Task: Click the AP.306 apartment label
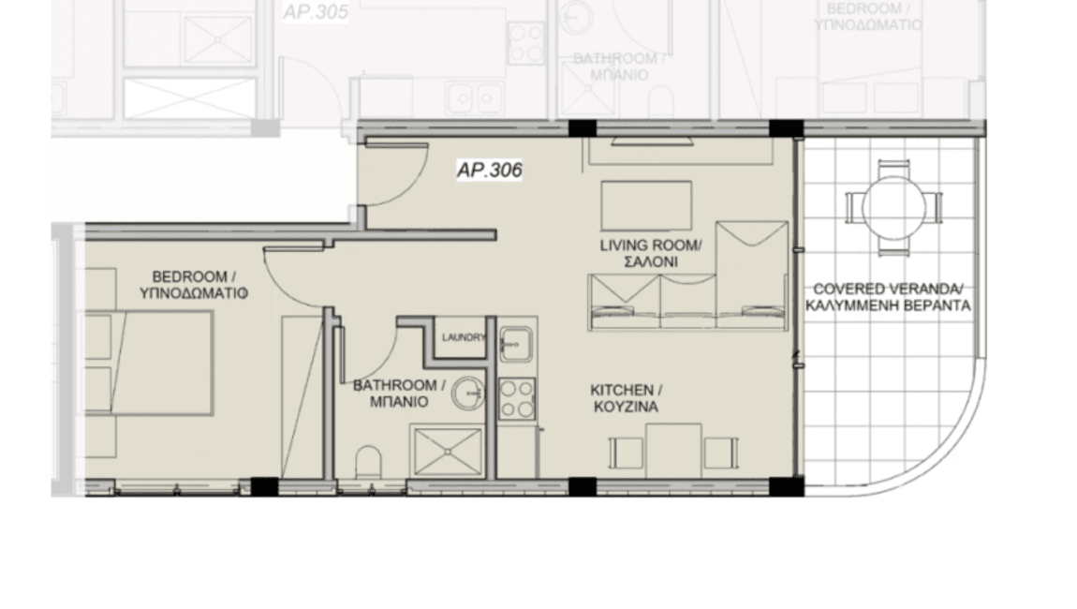coord(489,171)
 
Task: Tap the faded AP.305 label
coord(315,12)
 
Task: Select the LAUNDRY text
coord(465,338)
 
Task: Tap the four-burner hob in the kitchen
coord(516,397)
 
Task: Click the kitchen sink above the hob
coord(515,344)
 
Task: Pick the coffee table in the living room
coord(646,201)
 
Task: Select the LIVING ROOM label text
coord(650,246)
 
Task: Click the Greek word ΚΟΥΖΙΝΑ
coord(624,408)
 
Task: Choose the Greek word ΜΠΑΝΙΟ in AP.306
coord(398,402)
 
